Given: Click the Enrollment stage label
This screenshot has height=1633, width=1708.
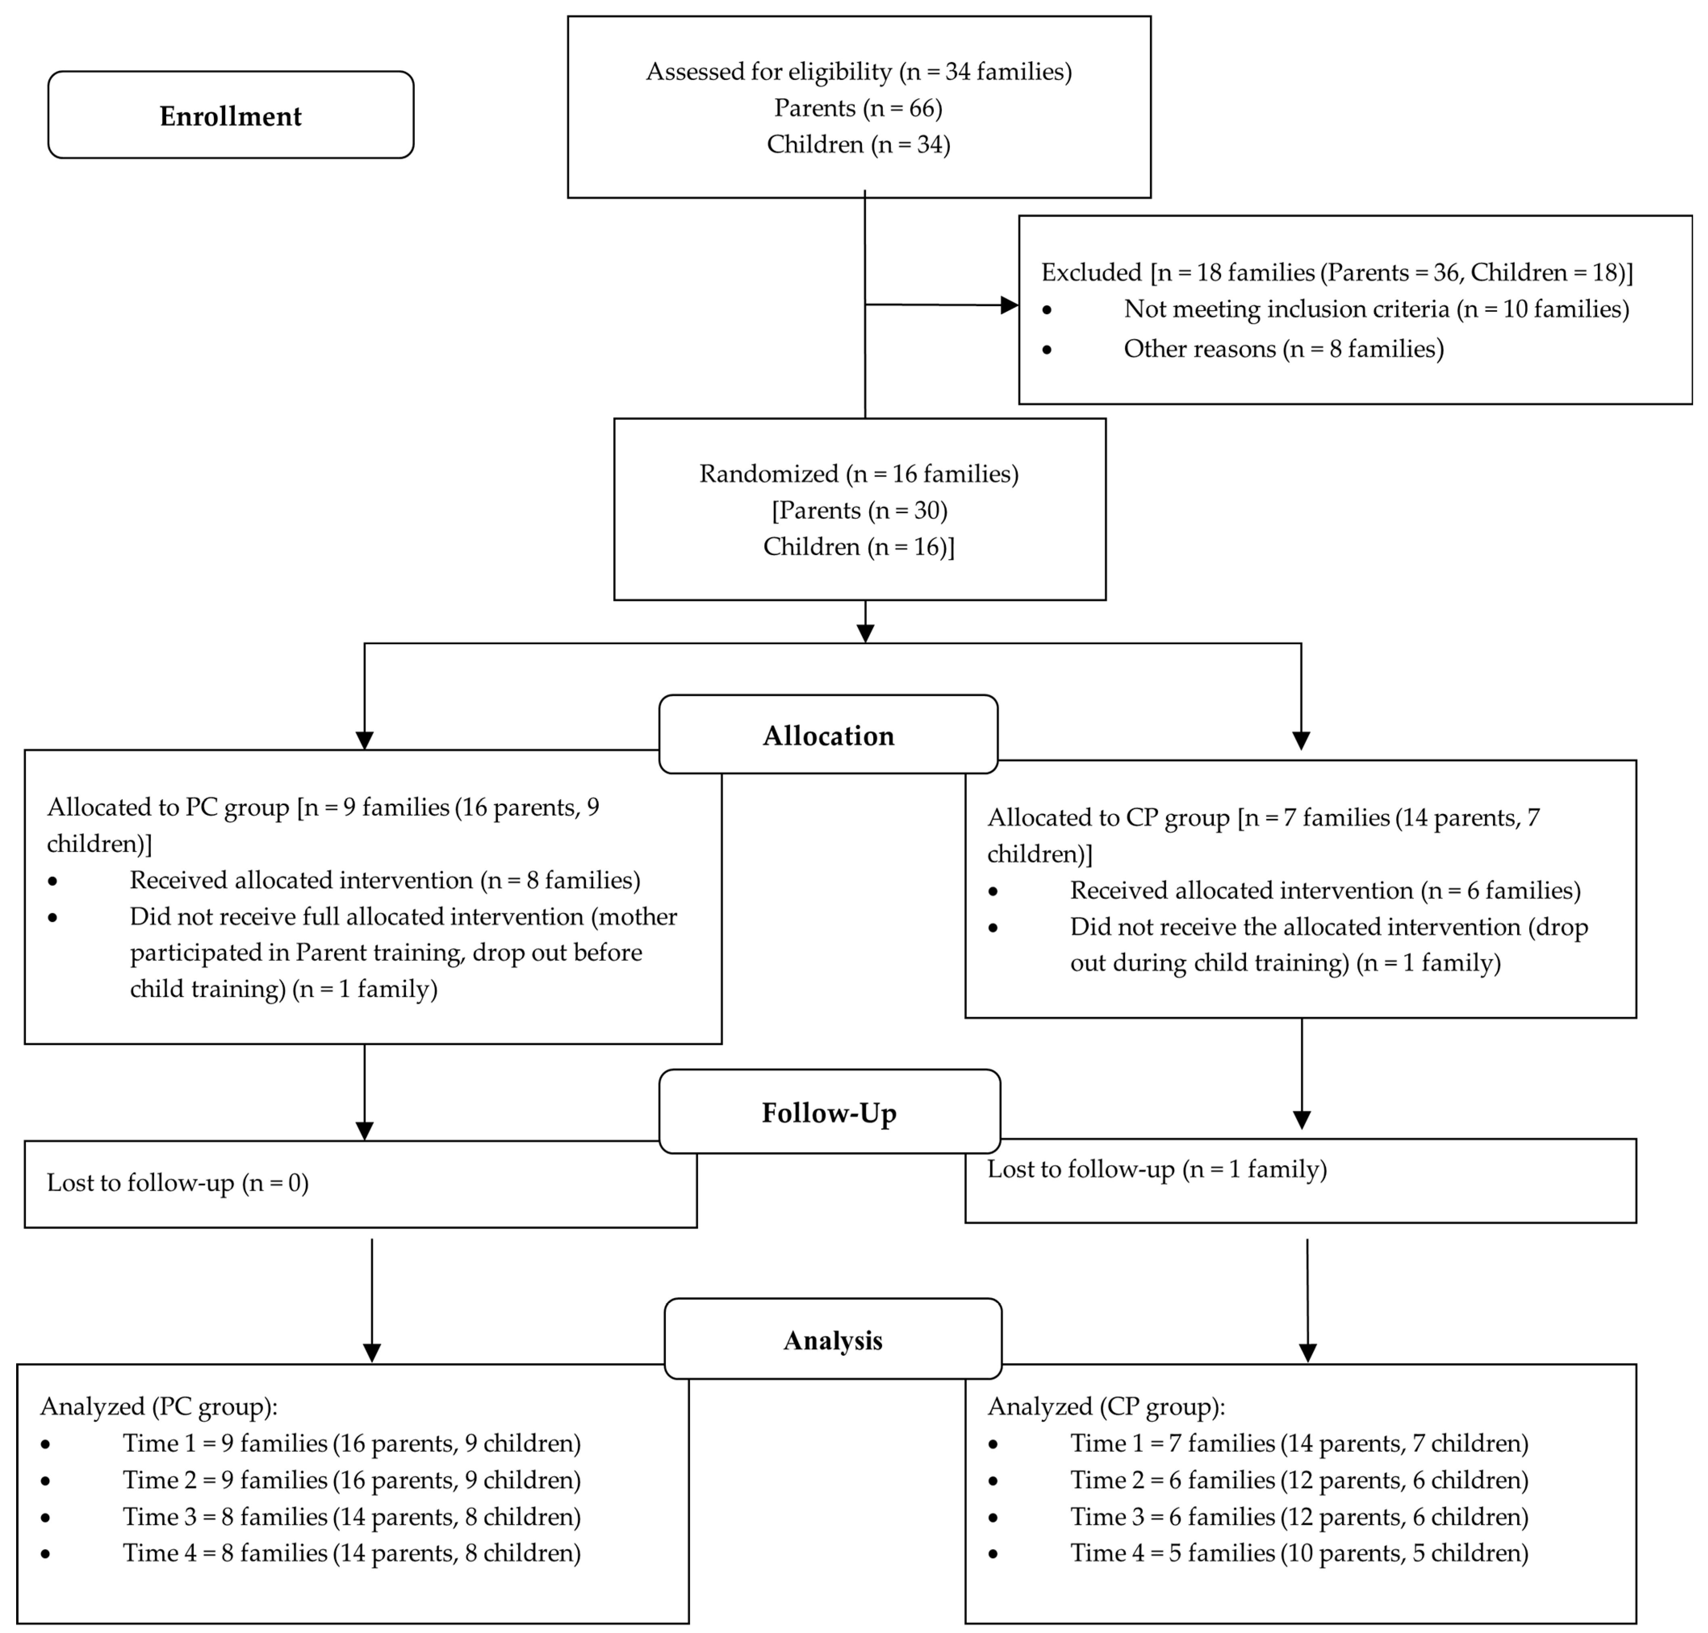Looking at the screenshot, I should [231, 116].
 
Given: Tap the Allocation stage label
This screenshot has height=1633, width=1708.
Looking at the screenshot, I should [828, 735].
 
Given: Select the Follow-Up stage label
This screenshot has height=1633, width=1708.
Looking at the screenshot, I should [829, 1113].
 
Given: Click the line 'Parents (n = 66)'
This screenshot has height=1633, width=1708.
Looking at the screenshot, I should [858, 108].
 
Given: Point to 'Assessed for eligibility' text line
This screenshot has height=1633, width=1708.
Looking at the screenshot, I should [858, 71].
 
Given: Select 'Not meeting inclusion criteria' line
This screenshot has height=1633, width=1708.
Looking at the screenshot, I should [1376, 309].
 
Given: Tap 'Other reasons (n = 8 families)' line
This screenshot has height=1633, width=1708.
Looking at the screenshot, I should [1283, 349].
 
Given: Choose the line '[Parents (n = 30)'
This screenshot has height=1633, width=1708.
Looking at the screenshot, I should [858, 510].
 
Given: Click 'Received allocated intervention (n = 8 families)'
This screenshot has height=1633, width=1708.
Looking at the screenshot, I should [385, 880].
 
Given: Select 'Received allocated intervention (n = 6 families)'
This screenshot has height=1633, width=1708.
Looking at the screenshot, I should [1325, 890].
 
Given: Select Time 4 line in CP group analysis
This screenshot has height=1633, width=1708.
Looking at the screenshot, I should [1299, 1553].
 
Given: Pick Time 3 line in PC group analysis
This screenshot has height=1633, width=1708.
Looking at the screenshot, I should [352, 1516].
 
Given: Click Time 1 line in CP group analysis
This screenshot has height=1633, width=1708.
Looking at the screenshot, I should [1299, 1443].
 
